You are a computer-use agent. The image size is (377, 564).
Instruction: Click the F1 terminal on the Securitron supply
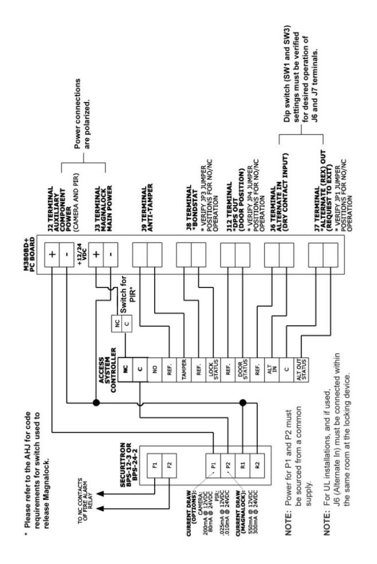point(155,465)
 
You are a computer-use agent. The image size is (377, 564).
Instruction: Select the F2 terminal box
point(169,465)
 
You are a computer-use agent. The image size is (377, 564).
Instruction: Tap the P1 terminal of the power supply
point(214,465)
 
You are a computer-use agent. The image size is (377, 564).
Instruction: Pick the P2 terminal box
point(228,465)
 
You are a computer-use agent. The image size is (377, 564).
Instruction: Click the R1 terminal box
point(243,465)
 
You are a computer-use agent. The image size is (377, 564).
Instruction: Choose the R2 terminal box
point(257,465)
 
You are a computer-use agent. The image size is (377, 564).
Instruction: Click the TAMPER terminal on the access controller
point(184,369)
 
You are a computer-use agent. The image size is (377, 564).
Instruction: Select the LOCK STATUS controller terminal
point(214,369)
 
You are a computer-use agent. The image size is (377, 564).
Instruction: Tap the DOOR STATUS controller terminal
point(243,369)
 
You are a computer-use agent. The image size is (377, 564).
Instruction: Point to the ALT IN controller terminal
point(272,369)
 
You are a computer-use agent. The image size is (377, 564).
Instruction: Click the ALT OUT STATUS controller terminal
point(301,369)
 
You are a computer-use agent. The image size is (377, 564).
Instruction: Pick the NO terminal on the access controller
point(155,369)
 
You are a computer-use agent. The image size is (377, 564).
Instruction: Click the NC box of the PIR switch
point(117,324)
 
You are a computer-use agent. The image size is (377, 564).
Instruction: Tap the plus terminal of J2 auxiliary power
point(52,255)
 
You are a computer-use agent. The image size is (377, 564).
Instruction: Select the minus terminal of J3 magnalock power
point(111,255)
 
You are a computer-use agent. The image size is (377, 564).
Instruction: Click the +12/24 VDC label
point(82,255)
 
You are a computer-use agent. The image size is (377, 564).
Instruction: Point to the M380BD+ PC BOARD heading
point(30,255)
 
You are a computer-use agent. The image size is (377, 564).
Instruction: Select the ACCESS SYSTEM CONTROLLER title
point(107,370)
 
